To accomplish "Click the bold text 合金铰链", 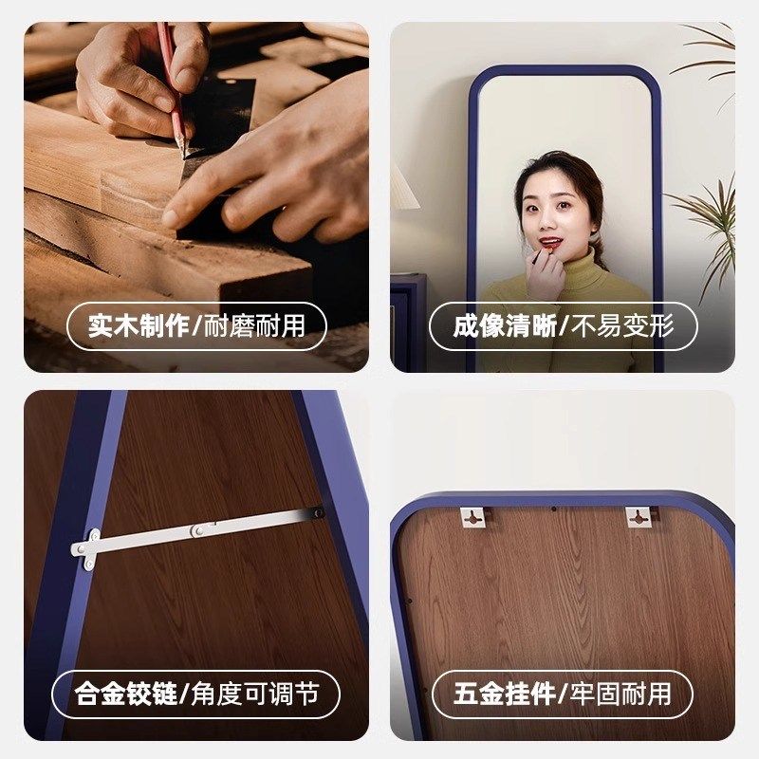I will [126, 694].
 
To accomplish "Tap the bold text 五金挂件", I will [504, 694].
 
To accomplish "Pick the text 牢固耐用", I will [621, 694].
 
